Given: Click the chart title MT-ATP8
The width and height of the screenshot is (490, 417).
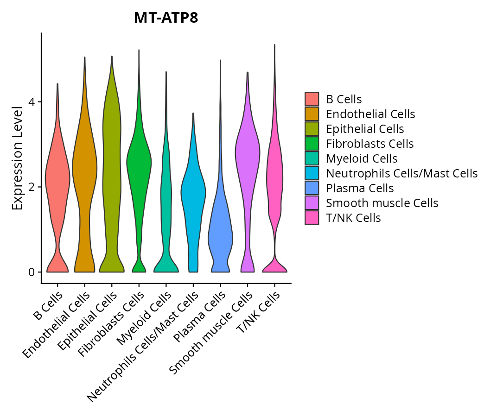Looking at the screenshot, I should [x=166, y=18].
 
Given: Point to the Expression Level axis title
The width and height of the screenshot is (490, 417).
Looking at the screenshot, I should [x=17, y=158].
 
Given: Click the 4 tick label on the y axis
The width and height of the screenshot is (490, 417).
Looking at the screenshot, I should [x=31, y=102].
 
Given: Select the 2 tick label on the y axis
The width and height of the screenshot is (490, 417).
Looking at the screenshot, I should [x=31, y=187].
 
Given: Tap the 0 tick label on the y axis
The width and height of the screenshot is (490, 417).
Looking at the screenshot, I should [x=31, y=272].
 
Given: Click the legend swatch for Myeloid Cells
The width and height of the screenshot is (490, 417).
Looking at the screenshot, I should [x=312, y=158].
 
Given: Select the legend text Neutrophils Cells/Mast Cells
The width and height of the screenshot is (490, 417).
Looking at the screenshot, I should [x=401, y=173].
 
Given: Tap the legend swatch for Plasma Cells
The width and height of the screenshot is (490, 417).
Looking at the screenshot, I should [x=312, y=188].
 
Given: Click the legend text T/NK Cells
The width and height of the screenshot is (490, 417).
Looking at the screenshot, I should [x=353, y=218].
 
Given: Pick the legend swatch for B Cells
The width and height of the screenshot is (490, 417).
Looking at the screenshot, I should [x=312, y=99].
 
